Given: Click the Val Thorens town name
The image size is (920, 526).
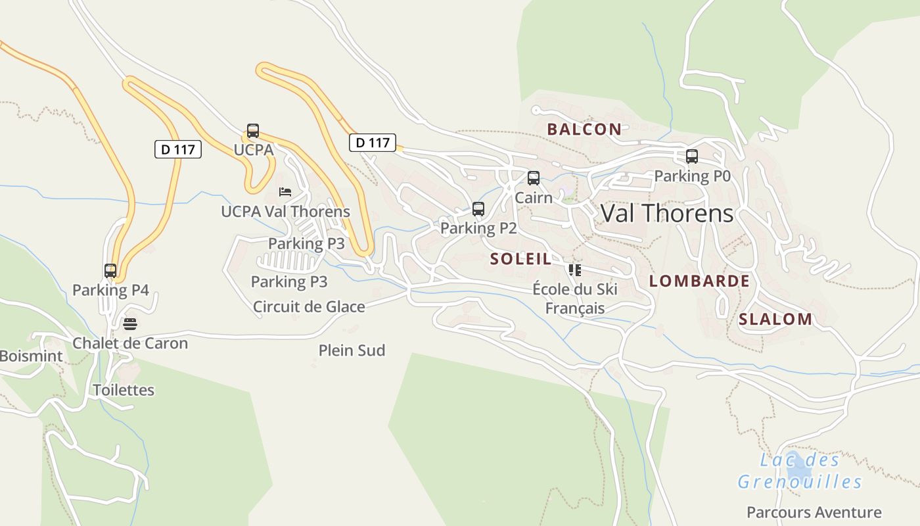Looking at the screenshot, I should pos(667,213).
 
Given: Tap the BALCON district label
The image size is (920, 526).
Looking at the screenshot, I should pos(584,129).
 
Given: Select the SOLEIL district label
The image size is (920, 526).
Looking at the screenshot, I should pos(520,259).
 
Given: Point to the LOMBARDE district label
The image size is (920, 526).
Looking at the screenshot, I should pos(699,281).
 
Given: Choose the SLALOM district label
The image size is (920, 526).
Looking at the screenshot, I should pos(775,320).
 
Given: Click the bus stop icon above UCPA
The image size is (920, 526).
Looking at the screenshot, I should pos(253,131).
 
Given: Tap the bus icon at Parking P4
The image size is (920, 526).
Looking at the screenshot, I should pos(110,271).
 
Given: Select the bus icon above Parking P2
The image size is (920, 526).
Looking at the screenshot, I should pos(478,209).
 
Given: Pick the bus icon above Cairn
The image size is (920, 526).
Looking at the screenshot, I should pos(534,178).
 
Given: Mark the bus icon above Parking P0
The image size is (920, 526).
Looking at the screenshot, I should pos(692,156).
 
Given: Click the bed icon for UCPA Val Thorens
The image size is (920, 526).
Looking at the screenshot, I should pos(285,192).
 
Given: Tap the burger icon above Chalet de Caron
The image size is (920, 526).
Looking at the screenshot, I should pos(130,323).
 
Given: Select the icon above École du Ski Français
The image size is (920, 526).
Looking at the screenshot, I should pos(575,270).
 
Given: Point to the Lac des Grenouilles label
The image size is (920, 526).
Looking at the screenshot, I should pos(799,471).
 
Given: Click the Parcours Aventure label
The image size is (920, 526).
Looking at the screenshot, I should pos(814,512).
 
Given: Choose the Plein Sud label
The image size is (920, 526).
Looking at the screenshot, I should pos(352,350).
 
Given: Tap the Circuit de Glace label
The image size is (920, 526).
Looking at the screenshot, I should pos(309,306).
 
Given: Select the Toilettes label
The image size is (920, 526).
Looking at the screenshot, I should pos(124,390).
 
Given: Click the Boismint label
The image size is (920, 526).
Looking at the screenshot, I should pos(31,356).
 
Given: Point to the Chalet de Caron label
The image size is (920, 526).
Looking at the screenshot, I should pos(130,343).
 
